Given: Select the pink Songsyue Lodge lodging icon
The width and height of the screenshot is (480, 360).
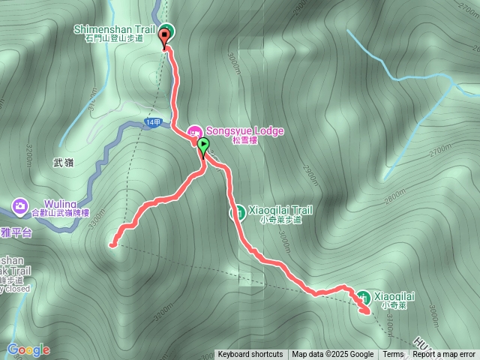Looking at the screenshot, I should [193, 131].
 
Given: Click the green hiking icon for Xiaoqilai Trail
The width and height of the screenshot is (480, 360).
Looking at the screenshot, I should [236, 212].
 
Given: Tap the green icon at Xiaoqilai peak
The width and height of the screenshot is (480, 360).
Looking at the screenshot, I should [363, 297].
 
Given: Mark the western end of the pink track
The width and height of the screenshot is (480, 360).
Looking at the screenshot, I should [113, 244].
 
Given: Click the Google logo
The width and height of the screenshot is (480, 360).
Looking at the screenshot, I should [28, 349].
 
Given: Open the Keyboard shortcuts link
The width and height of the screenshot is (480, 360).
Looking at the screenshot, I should [250, 355].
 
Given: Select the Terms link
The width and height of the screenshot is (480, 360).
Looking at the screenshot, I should [393, 355].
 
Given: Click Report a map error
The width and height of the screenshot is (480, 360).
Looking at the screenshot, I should [444, 355].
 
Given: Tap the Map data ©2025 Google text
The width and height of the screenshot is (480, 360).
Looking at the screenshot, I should [332, 355].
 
